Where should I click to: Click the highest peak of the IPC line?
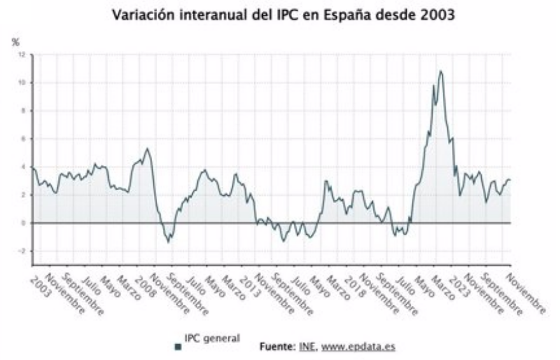440,71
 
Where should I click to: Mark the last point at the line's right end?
510,180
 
